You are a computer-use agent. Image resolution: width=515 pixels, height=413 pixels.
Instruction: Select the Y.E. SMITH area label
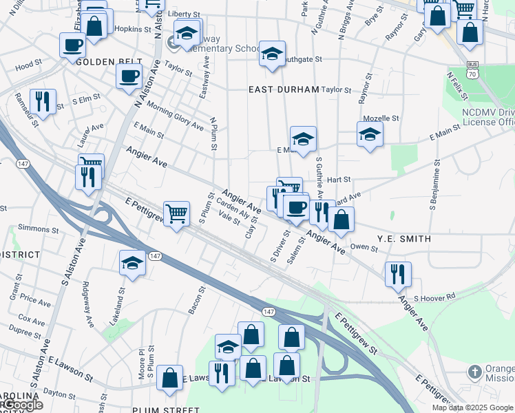point(403,239)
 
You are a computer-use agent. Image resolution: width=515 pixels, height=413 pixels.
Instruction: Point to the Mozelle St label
point(381,118)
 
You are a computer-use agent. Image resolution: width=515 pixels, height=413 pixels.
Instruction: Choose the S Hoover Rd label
point(434,297)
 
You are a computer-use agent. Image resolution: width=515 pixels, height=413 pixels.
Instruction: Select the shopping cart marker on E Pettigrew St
point(177,214)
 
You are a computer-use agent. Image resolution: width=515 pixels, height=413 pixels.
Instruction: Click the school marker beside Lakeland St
point(132,263)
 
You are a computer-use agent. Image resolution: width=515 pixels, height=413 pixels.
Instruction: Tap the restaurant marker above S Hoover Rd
point(397,274)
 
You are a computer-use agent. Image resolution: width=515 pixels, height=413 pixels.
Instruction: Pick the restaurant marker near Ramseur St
point(43,102)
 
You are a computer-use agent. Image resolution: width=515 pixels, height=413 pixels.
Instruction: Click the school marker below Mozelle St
point(370,134)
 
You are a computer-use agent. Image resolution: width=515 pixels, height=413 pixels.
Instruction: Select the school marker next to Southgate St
point(273,54)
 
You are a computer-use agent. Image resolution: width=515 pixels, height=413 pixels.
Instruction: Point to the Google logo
point(22,405)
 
